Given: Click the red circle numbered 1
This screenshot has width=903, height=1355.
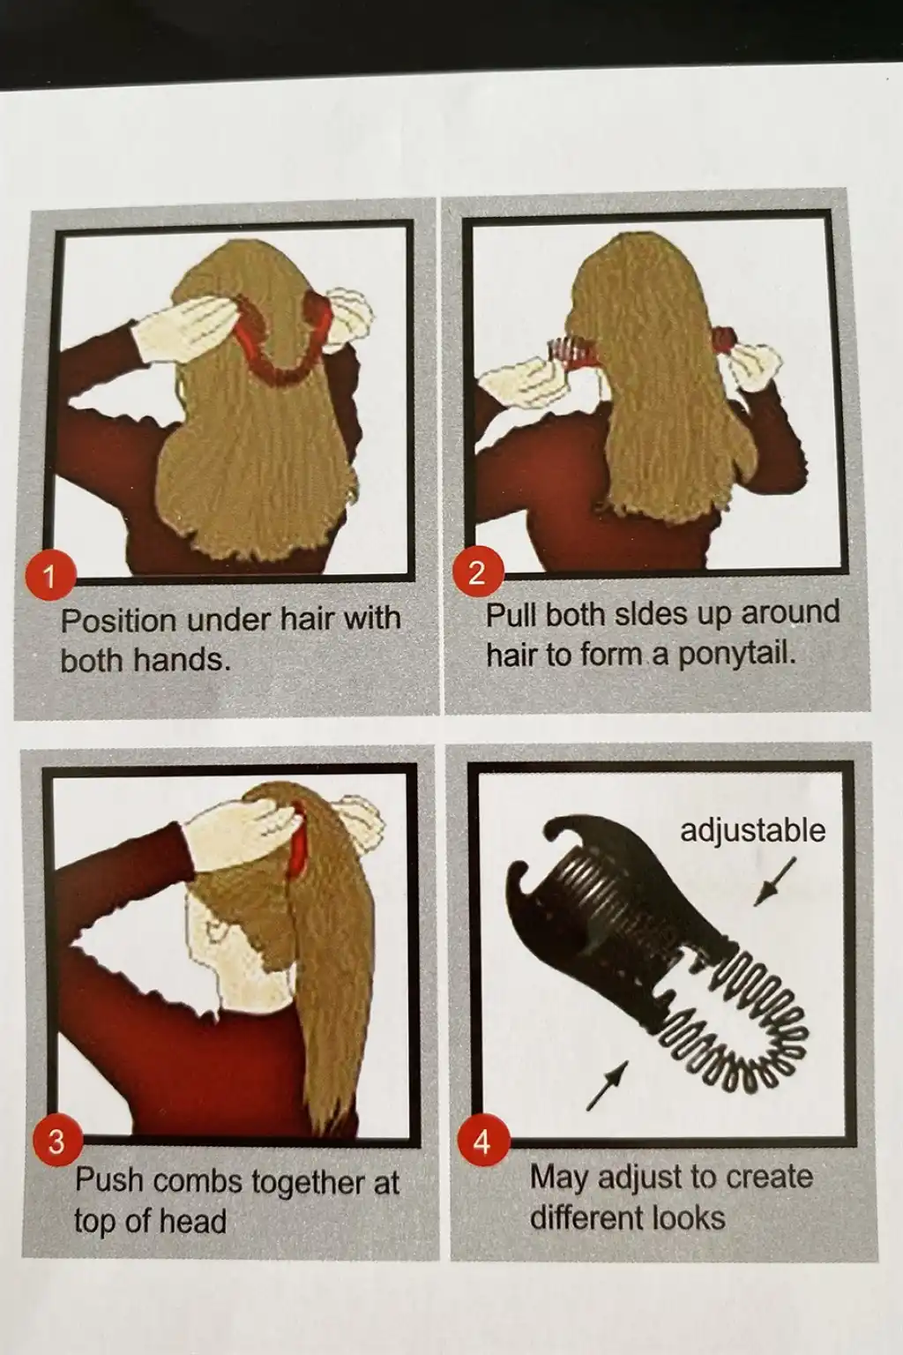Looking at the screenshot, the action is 49,577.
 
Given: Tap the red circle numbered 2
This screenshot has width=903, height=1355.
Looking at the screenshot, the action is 477,572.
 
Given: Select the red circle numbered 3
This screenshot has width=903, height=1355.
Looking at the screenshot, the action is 56,1142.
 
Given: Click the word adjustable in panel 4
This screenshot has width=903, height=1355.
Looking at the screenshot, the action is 752,830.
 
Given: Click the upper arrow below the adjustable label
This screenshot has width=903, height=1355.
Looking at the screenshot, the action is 774,883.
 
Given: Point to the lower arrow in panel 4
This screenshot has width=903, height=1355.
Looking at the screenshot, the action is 607,1085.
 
